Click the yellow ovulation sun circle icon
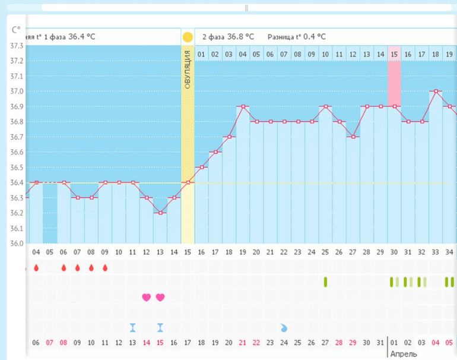pos(188,37)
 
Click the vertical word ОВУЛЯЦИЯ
pos(188,70)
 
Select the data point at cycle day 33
pos(436,91)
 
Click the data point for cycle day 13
pos(160,213)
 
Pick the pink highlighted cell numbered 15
pos(394,55)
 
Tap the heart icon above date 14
pos(146,297)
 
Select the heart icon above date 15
pos(160,297)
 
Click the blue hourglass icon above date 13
pos(132,327)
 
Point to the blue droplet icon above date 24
pos(284,327)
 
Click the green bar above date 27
pos(325,282)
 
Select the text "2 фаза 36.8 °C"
pos(228,37)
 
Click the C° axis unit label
pos(17,29)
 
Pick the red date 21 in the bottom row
pos(242,343)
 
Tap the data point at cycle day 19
pos(243,106)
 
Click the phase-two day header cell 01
pos(201,55)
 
